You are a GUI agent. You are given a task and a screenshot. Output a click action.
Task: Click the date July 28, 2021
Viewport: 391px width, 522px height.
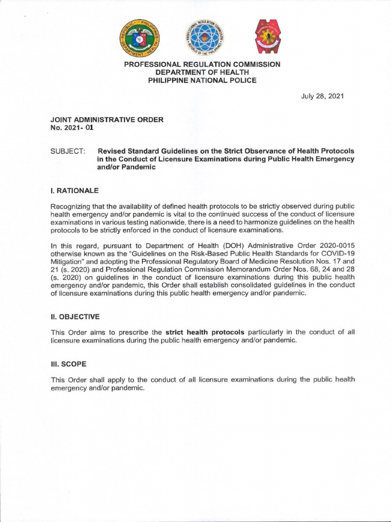pos(322,96)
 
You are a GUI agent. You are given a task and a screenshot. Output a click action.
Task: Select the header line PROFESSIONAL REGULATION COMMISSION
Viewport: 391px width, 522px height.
pos(203,64)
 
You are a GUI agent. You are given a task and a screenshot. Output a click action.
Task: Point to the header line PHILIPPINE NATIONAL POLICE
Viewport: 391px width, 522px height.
pos(203,80)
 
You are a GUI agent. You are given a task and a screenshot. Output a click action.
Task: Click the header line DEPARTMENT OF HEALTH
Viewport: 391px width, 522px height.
pos(203,72)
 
